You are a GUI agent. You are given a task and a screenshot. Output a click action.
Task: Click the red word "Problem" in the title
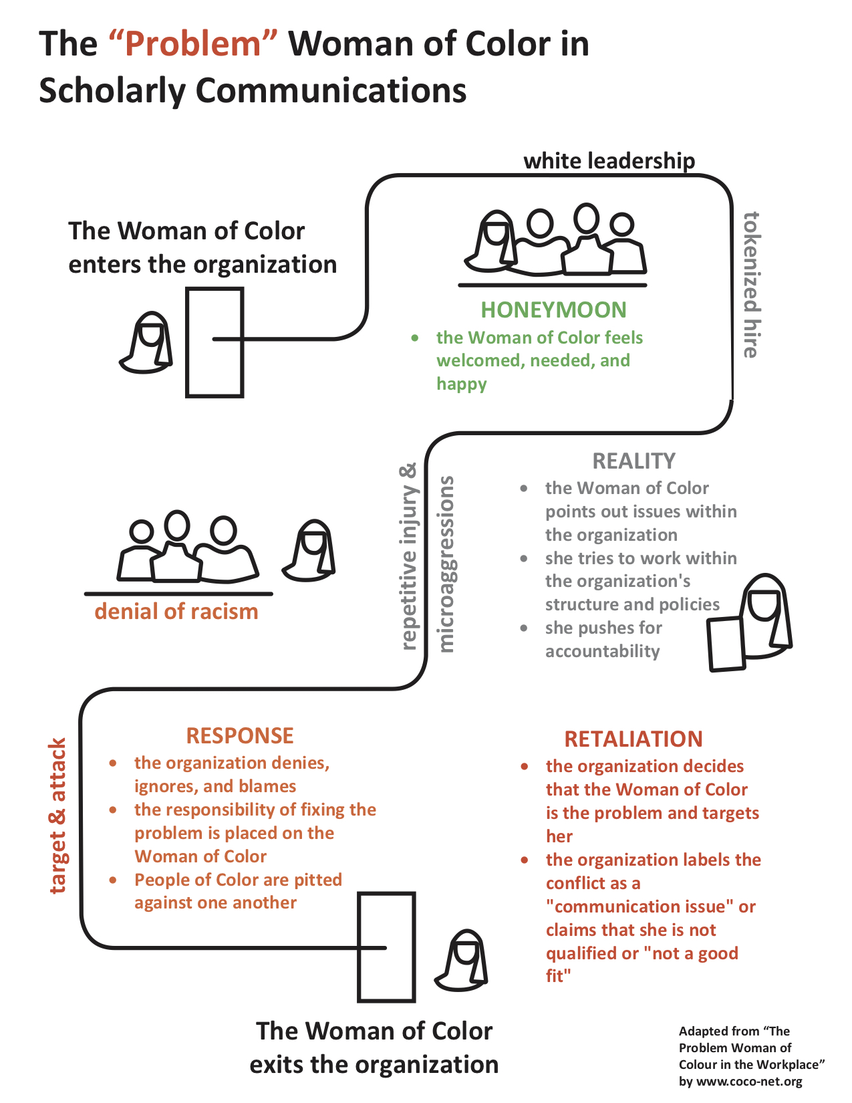[192, 44]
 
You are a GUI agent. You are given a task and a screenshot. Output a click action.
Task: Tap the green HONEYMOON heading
[553, 310]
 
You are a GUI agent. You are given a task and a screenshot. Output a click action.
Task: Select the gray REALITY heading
[633, 461]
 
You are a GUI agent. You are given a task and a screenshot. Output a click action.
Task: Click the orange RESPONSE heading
[240, 736]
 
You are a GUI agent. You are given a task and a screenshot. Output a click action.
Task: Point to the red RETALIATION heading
[633, 739]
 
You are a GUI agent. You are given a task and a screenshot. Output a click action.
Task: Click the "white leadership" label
[609, 161]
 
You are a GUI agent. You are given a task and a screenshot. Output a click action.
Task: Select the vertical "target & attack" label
[58, 816]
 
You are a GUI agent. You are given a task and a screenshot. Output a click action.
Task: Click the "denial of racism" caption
[176, 612]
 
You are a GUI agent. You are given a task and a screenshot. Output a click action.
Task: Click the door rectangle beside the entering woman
[214, 342]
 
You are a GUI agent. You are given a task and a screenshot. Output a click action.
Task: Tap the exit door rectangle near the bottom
[386, 947]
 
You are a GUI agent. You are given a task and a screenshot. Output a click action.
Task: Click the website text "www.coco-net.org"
[749, 1082]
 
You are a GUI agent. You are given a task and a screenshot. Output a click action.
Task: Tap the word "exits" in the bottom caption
[277, 1064]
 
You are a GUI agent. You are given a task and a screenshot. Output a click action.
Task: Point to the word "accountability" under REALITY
[602, 651]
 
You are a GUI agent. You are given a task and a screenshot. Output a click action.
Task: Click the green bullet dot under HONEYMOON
[415, 338]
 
